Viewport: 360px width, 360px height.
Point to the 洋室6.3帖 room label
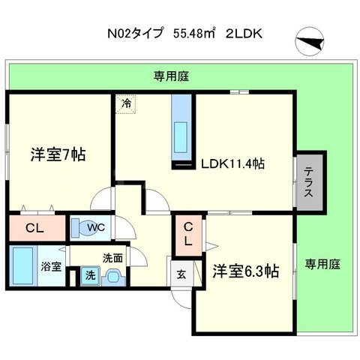coord(244,271)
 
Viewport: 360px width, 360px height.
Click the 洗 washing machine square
coord(90,275)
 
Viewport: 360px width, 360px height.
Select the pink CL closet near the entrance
coord(188,233)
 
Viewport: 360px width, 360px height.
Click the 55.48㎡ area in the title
coord(194,34)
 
